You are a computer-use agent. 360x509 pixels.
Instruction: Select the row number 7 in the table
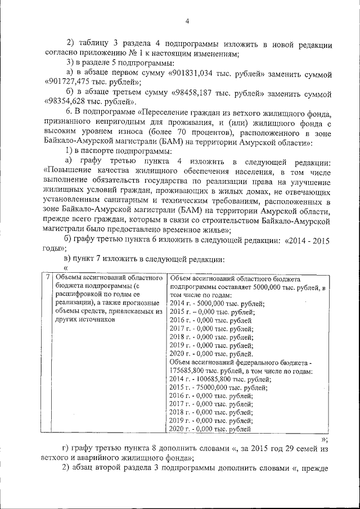pos(48,277)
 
